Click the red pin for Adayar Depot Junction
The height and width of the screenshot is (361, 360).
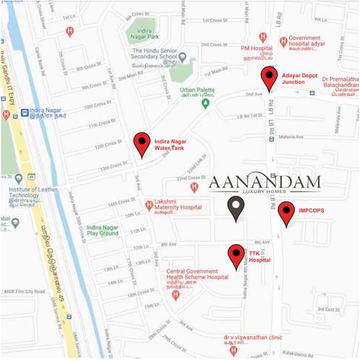(270, 77)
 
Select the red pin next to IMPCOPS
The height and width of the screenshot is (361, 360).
(286, 212)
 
